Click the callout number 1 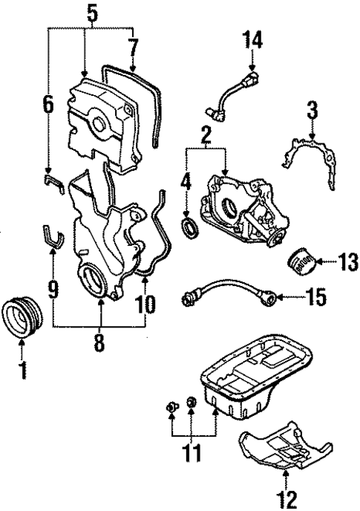tap(23, 368)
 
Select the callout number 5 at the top tap(91, 13)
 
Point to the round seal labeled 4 tap(191, 227)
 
